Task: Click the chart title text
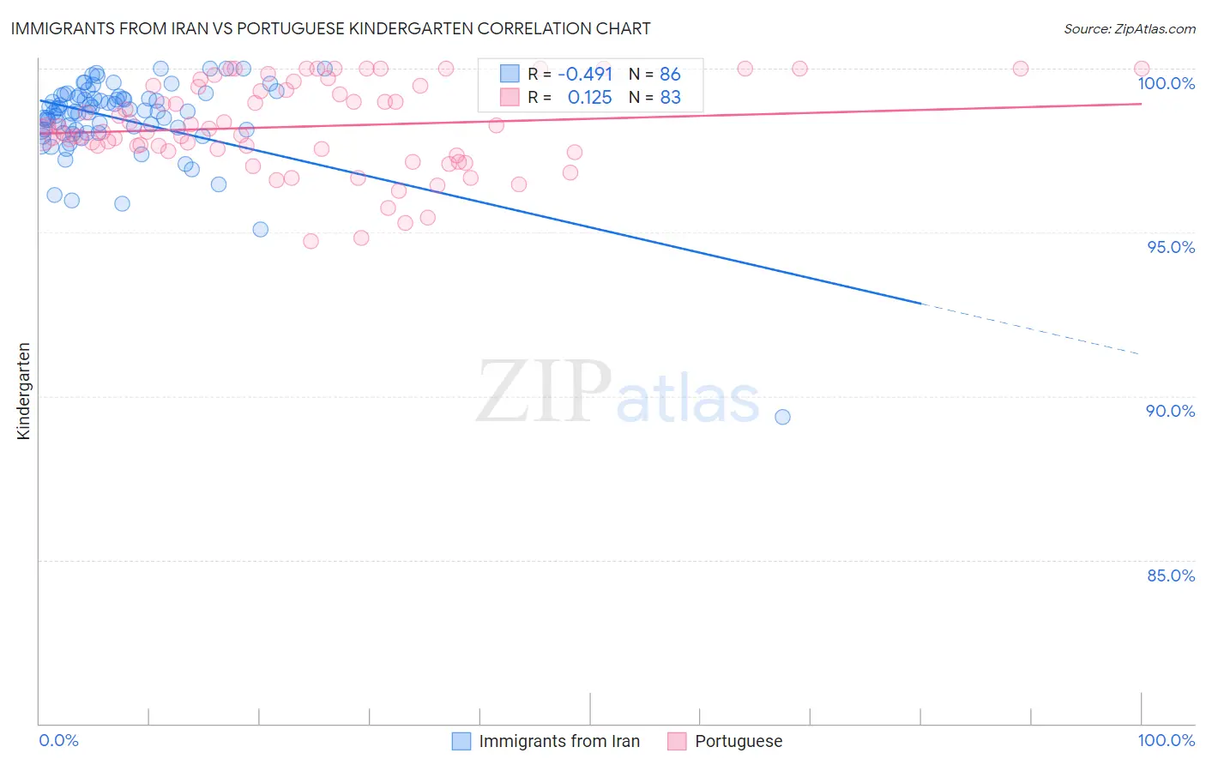[330, 28]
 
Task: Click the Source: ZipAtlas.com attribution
[1129, 28]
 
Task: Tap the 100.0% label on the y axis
[1166, 83]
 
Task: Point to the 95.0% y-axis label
[1171, 247]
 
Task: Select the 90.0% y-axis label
[1171, 411]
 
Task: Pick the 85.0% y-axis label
[1171, 575]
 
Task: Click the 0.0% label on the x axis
[59, 740]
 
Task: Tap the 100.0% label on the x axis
[1166, 740]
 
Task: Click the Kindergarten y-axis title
[23, 391]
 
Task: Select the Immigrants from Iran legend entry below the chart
[559, 741]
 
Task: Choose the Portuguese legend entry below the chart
[739, 741]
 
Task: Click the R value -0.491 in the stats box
[585, 74]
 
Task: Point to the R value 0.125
[589, 97]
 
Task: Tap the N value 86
[670, 74]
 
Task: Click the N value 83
[670, 97]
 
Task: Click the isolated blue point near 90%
[782, 417]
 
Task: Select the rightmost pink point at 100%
[1141, 69]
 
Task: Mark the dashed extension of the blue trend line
[1029, 328]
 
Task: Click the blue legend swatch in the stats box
[510, 74]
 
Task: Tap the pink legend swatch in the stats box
[510, 97]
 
